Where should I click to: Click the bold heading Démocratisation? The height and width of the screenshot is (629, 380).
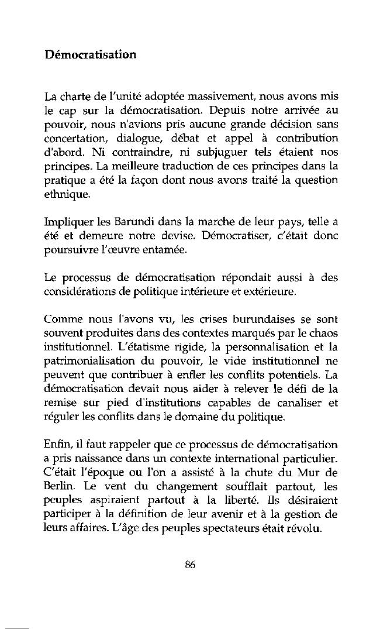pyautogui.click(x=90, y=55)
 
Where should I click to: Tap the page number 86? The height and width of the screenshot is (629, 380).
pyautogui.click(x=189, y=564)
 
